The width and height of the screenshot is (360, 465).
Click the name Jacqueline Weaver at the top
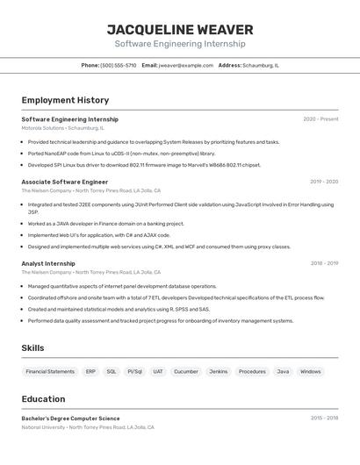click(x=180, y=29)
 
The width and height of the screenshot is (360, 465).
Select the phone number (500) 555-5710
click(x=119, y=65)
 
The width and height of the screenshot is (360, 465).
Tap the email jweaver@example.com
click(x=186, y=65)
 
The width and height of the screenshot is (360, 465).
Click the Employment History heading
click(x=65, y=100)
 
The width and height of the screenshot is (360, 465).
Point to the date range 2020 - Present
click(x=320, y=119)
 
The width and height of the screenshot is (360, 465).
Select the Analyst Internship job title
click(x=48, y=263)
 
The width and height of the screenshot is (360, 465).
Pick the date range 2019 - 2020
click(x=323, y=182)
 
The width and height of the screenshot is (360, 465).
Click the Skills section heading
click(x=32, y=348)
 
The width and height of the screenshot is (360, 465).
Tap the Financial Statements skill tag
click(x=50, y=371)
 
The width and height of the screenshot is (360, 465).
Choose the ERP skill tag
click(x=90, y=371)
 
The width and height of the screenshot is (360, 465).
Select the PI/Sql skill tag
click(x=134, y=371)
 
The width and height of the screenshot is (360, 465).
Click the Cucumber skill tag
click(x=185, y=371)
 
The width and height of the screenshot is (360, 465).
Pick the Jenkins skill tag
click(x=218, y=371)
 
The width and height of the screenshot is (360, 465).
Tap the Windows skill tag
click(x=310, y=371)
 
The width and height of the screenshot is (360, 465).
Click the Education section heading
click(x=43, y=398)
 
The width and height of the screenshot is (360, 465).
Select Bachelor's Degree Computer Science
click(x=70, y=418)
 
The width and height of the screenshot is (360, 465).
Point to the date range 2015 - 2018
click(x=324, y=418)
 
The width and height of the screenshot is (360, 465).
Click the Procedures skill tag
click(x=252, y=371)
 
